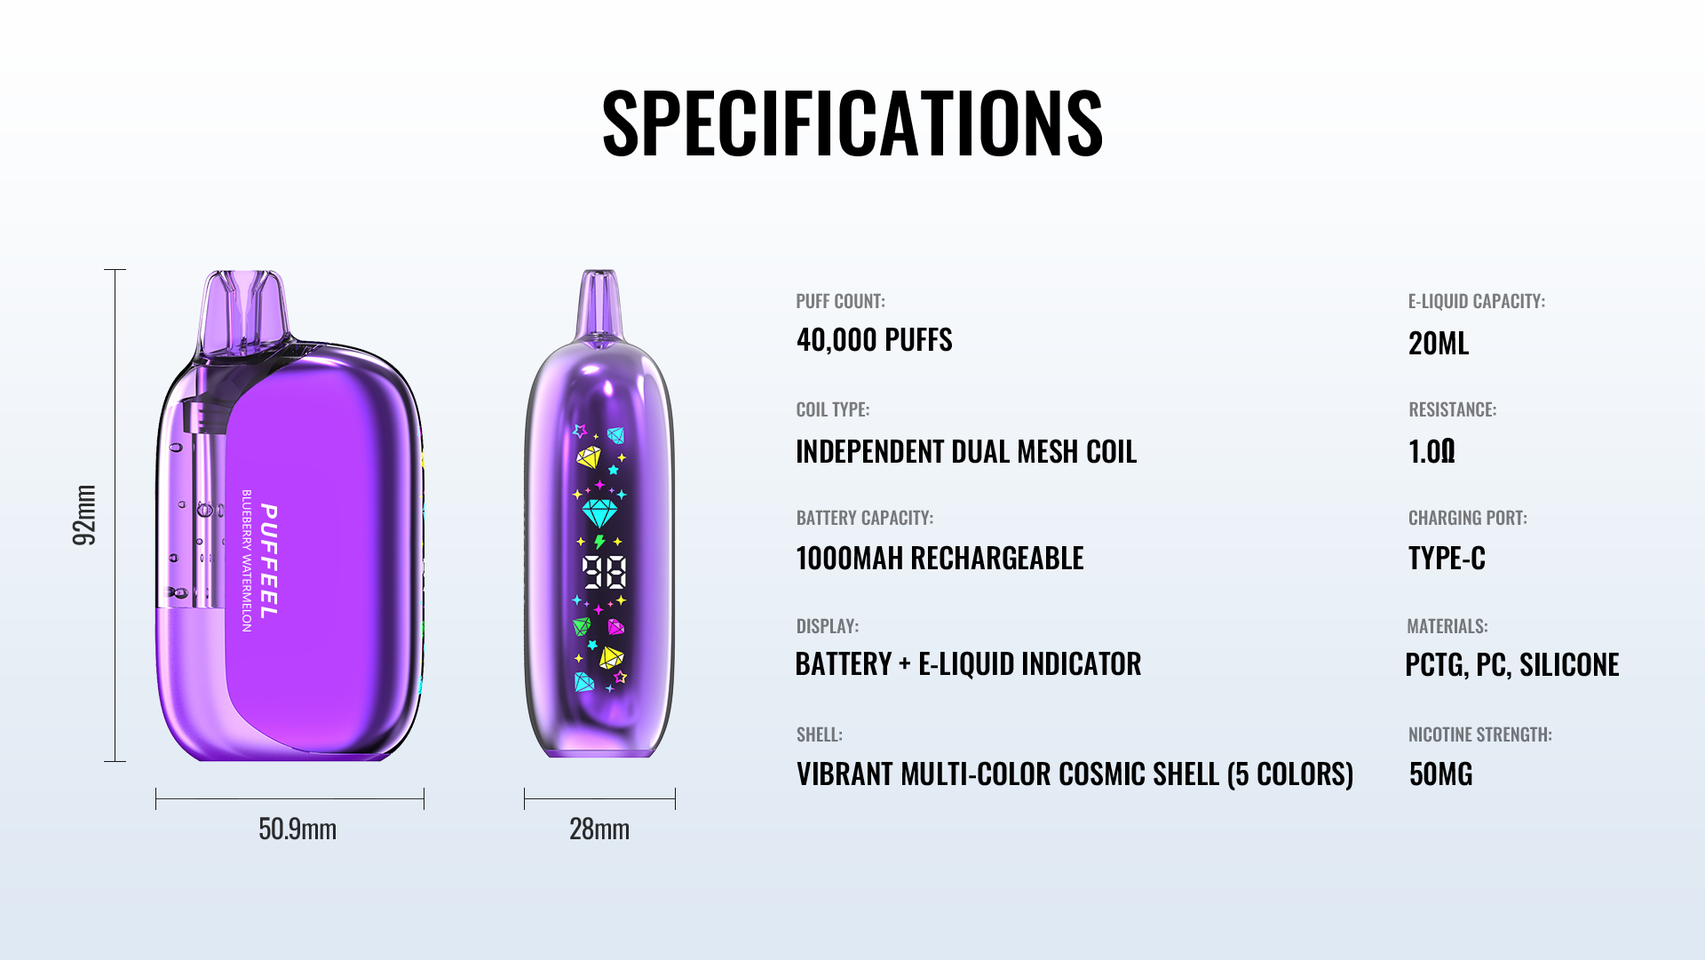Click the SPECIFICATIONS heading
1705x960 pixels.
point(852,123)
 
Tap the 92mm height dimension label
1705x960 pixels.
point(84,515)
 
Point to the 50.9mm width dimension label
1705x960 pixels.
point(297,829)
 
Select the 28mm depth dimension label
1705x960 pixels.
point(599,829)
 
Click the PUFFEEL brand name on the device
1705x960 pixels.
point(269,561)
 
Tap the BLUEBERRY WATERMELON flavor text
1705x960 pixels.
point(247,560)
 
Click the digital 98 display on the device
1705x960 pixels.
point(605,573)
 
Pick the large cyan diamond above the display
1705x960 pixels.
point(599,513)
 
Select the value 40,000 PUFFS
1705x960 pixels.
point(875,340)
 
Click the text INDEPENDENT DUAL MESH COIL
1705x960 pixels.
point(966,452)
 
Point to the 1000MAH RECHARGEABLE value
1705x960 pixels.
point(940,559)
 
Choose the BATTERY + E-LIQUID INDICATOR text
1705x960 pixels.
point(968,664)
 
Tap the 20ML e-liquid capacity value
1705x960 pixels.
point(1439,344)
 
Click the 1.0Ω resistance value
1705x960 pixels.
point(1431,452)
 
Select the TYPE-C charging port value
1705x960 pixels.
point(1447,559)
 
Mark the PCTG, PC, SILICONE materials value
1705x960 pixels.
point(1512,665)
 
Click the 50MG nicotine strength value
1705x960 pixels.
point(1440,774)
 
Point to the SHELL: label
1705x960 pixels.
point(820,735)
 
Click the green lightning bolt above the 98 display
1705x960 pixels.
point(599,542)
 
